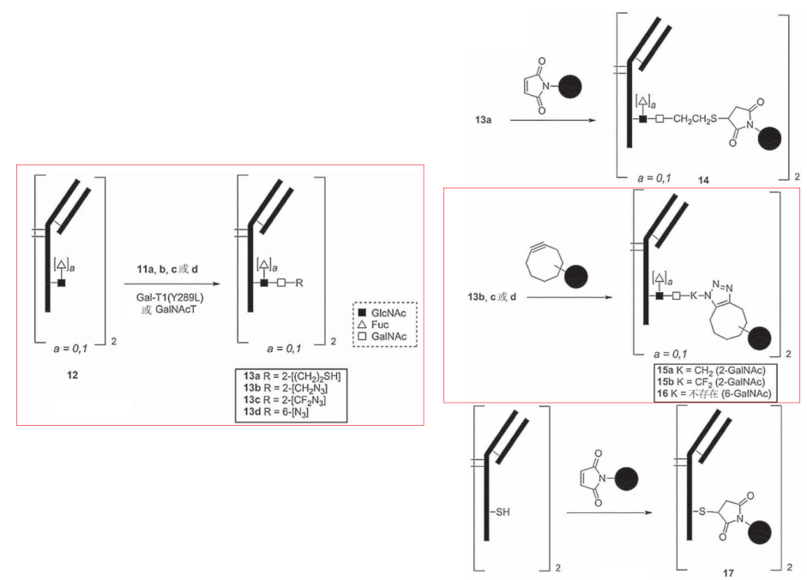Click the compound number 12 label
click(73, 375)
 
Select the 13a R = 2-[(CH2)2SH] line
click(292, 376)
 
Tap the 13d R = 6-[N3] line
click(276, 412)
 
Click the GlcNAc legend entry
click(382, 314)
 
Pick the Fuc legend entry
click(373, 325)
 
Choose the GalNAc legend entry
click(382, 337)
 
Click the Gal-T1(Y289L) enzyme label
click(170, 297)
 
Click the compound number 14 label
click(703, 180)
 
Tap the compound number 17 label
click(728, 573)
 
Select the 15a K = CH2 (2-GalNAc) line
click(711, 370)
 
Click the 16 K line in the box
click(714, 393)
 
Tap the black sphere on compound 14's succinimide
click(769, 138)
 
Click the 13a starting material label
click(483, 120)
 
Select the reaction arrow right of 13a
click(553, 120)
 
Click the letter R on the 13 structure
click(299, 283)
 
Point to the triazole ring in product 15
click(720, 293)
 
